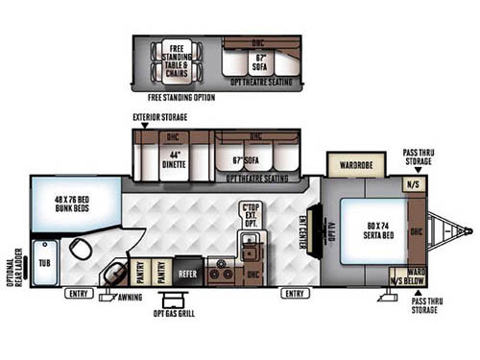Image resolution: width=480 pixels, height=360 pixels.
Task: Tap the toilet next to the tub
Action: click(x=81, y=252)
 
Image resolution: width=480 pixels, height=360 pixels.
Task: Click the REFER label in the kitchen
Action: click(x=188, y=273)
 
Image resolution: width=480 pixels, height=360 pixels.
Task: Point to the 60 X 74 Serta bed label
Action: click(x=375, y=231)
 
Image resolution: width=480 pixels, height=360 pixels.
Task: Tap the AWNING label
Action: click(x=131, y=299)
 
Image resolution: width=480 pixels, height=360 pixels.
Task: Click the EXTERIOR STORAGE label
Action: click(x=160, y=118)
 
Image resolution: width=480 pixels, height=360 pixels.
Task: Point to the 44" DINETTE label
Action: click(x=173, y=159)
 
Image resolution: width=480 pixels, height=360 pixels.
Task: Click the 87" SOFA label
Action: click(x=258, y=63)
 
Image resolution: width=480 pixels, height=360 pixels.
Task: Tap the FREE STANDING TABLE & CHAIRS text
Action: click(x=177, y=60)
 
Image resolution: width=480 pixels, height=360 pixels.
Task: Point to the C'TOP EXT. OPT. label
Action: click(x=252, y=215)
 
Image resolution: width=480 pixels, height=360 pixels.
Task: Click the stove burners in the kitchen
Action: click(x=223, y=271)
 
